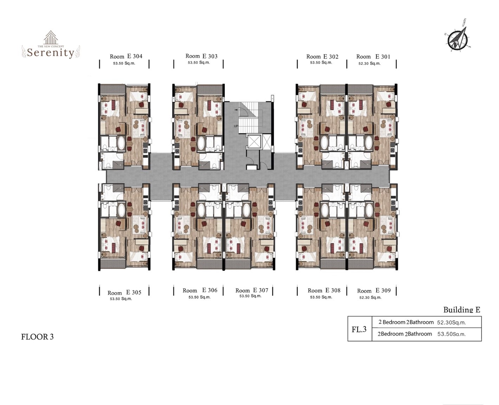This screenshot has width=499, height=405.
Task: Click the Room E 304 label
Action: tap(126, 56)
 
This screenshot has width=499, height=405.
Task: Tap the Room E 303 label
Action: tap(201, 56)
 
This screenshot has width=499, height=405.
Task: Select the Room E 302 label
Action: tap(322, 57)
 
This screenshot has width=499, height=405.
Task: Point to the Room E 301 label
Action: tap(373, 57)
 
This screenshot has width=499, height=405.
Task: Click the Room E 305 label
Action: tap(124, 292)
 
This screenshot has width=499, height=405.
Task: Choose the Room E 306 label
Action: tap(200, 290)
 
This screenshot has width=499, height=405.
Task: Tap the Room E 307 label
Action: tap(252, 290)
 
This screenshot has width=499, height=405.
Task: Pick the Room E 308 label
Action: tap(324, 290)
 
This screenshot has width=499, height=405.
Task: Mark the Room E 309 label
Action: tap(374, 291)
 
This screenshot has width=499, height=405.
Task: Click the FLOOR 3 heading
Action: tap(38, 337)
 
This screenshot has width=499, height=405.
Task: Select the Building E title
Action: tap(462, 310)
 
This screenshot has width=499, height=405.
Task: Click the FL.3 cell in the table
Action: tap(359, 329)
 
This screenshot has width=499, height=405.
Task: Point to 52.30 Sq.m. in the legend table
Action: tap(452, 323)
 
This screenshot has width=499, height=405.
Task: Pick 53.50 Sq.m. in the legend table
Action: tap(452, 334)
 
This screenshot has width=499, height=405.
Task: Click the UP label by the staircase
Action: tap(236, 126)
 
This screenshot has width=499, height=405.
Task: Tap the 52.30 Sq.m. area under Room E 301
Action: tap(369, 64)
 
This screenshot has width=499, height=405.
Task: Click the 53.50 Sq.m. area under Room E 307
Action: tap(251, 296)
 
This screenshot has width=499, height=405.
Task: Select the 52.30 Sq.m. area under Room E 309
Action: tap(370, 298)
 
